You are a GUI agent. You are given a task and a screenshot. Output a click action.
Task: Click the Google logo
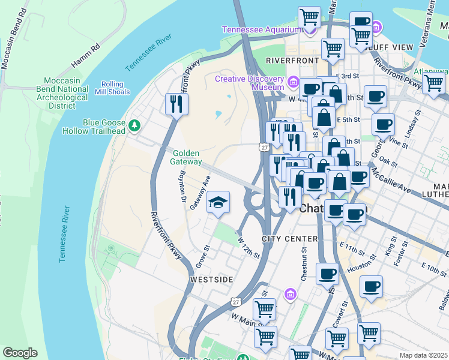[x=20, y=353]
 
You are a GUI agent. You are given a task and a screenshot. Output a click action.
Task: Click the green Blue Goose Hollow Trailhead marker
[x=134, y=125]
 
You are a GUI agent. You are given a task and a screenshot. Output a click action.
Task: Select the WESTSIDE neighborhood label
[x=211, y=280]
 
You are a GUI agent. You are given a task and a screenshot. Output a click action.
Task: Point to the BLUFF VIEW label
[x=393, y=47]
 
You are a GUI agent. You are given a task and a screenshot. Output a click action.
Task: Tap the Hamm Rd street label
[x=85, y=55]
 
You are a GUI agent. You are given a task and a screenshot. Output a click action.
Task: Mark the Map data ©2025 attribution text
[x=423, y=355]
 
